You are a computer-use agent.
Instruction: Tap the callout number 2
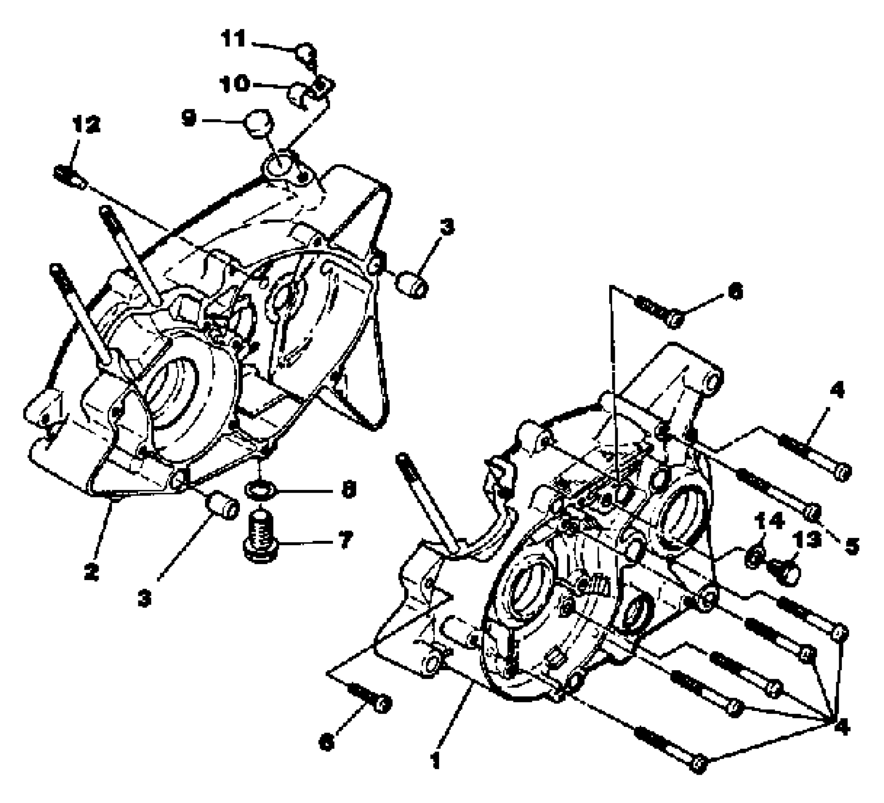91,572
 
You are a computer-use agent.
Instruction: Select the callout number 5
851,546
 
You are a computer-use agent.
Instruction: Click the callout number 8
348,490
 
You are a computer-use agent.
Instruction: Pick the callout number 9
189,119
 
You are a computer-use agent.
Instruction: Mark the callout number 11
235,39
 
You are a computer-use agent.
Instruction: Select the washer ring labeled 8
260,490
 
